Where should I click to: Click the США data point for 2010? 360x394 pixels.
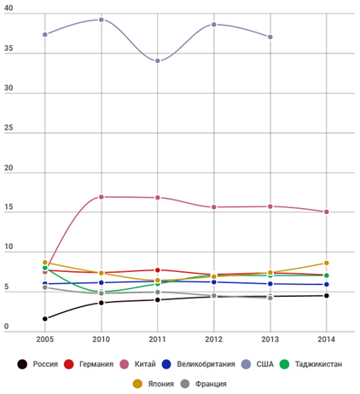click(x=101, y=20)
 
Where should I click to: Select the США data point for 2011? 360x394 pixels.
click(x=158, y=61)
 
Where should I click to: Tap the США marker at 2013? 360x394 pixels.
click(x=270, y=37)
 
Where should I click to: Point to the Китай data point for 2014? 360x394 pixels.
click(x=327, y=211)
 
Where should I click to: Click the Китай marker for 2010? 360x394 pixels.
click(x=101, y=197)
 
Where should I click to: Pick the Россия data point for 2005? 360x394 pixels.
click(x=45, y=319)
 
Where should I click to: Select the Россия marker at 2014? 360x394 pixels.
click(x=327, y=296)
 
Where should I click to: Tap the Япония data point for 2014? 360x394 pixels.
click(x=327, y=263)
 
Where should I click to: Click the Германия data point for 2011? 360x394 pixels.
click(x=158, y=270)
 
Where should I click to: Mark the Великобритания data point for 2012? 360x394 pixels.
click(x=214, y=282)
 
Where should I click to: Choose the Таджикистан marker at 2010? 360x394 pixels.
click(x=101, y=292)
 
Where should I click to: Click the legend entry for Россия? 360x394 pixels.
click(x=38, y=364)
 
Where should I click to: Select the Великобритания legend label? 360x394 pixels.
click(x=206, y=364)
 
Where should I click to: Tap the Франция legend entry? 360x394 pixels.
click(x=204, y=384)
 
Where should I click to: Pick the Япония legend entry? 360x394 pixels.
click(x=154, y=384)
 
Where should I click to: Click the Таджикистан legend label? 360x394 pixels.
click(x=318, y=364)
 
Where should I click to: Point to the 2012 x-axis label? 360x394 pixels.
click(x=214, y=339)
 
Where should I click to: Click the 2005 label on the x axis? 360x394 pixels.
click(x=45, y=339)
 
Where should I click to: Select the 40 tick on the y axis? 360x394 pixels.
click(x=9, y=8)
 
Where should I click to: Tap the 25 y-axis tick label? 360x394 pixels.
click(x=9, y=128)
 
